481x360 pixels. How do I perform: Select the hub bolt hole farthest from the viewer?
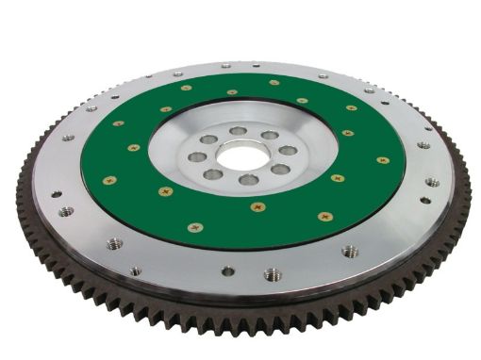239,131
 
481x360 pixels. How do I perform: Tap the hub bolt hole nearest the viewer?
249,179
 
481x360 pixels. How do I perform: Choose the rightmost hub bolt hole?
287,151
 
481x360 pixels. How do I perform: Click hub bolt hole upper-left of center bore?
207,139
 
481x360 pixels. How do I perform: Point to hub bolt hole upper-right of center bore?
269,136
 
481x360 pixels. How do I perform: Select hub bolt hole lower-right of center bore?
279,169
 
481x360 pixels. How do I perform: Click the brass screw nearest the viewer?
195,227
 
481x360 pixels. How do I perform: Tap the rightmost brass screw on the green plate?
382,160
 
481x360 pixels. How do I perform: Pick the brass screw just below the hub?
257,206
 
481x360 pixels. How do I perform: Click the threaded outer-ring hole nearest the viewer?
272,274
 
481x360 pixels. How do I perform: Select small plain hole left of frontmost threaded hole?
227,271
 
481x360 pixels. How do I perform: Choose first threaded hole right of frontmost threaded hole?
350,252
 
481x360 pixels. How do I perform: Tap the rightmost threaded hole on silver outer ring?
431,182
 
